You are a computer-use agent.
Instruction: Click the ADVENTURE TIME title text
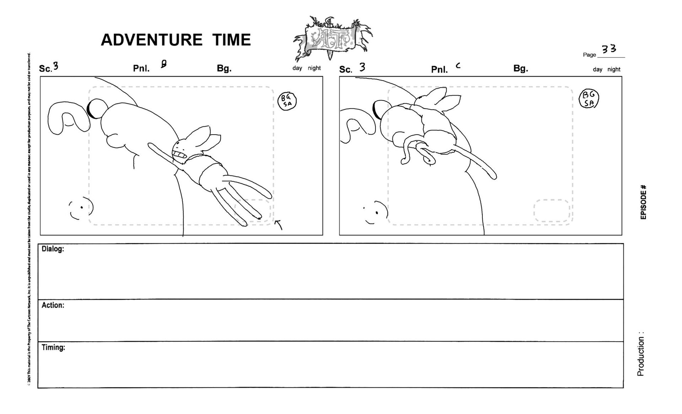[176, 40]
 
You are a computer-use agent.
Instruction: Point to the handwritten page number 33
[609, 49]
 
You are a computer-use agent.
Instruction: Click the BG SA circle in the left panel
[287, 101]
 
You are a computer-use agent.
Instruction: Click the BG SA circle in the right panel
[589, 99]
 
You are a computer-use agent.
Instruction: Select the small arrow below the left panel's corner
[279, 224]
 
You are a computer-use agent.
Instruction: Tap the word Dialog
[53, 249]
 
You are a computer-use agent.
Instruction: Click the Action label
[53, 305]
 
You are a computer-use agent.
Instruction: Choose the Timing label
[53, 348]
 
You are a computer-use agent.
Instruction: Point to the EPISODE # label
[643, 202]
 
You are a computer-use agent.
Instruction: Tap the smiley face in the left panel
[81, 208]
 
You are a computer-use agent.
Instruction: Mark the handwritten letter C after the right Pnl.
[458, 65]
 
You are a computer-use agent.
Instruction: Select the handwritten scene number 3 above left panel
[55, 66]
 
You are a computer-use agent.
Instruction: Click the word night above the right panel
[614, 70]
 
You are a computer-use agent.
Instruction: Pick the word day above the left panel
[297, 68]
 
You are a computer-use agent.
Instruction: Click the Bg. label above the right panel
[520, 69]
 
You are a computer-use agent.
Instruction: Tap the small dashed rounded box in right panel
[551, 211]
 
